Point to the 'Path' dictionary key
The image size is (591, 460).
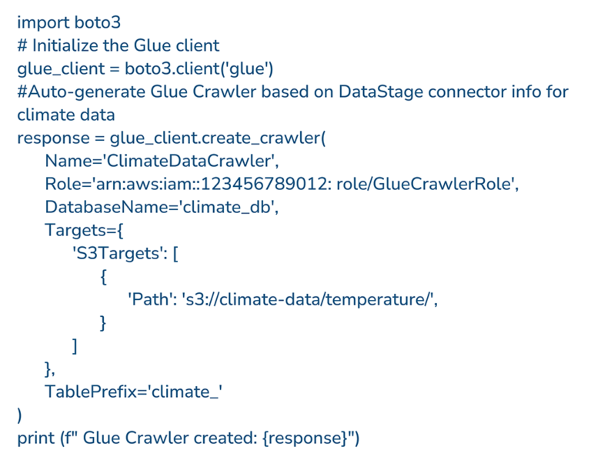point(150,300)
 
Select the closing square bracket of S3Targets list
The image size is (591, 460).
point(74,346)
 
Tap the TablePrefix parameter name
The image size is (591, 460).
point(87,392)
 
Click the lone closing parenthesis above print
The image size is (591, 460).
point(20,416)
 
